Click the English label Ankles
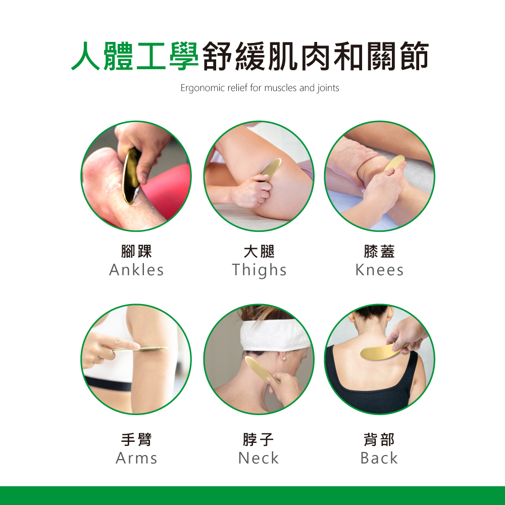[x=136, y=270]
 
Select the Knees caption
[x=379, y=270]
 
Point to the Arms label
[x=136, y=458]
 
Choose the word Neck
[x=259, y=458]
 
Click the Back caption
[x=379, y=458]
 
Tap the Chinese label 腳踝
[x=136, y=251]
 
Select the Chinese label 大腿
[x=259, y=251]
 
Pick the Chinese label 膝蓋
[x=379, y=251]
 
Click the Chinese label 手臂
[x=136, y=440]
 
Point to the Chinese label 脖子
[x=259, y=440]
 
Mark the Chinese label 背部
[x=379, y=440]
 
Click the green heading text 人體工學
[x=135, y=56]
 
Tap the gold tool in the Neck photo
[x=259, y=370]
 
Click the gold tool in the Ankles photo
[x=131, y=176]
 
